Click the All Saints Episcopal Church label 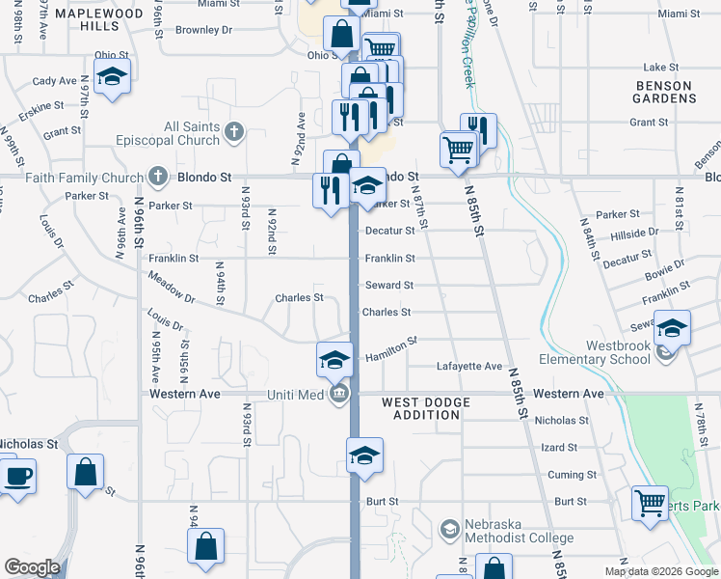click(192, 134)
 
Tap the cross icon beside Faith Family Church click(159, 177)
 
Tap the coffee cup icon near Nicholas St click(17, 476)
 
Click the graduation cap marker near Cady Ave click(112, 79)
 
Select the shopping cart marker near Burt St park click(650, 503)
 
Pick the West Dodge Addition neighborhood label click(426, 408)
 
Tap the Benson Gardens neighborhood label click(664, 93)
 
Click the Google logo click(32, 567)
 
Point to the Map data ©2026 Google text click(661, 571)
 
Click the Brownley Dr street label click(204, 30)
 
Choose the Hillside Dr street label click(634, 233)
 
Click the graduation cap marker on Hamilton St click(334, 360)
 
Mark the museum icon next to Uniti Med click(339, 394)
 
